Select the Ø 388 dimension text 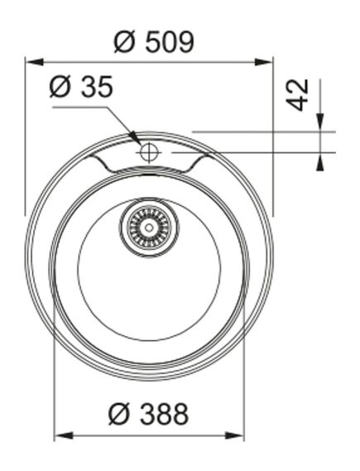[x=150, y=413]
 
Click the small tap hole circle [x=150, y=152]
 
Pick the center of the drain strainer [x=149, y=226]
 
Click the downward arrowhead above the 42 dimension [x=320, y=123]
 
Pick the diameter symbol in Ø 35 [x=59, y=87]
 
